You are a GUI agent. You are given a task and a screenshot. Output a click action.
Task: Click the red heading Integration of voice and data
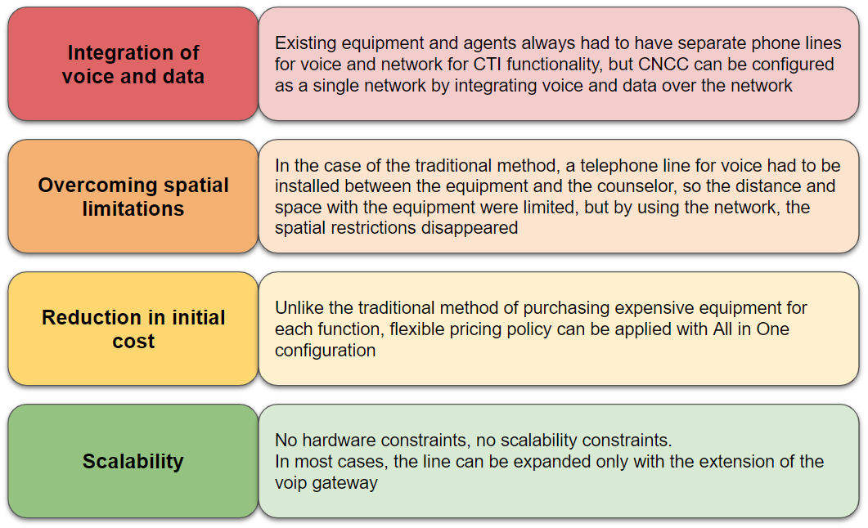pyautogui.click(x=133, y=64)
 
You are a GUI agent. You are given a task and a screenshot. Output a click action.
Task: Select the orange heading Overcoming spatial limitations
pyautogui.click(x=133, y=197)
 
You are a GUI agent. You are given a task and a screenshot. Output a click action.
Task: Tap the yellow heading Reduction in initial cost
pyautogui.click(x=133, y=329)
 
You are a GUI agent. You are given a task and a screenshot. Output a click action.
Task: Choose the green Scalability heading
pyautogui.click(x=133, y=461)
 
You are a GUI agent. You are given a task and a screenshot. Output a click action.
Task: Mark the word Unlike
pyautogui.click(x=299, y=307)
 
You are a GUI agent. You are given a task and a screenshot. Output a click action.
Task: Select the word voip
pyautogui.click(x=291, y=483)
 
